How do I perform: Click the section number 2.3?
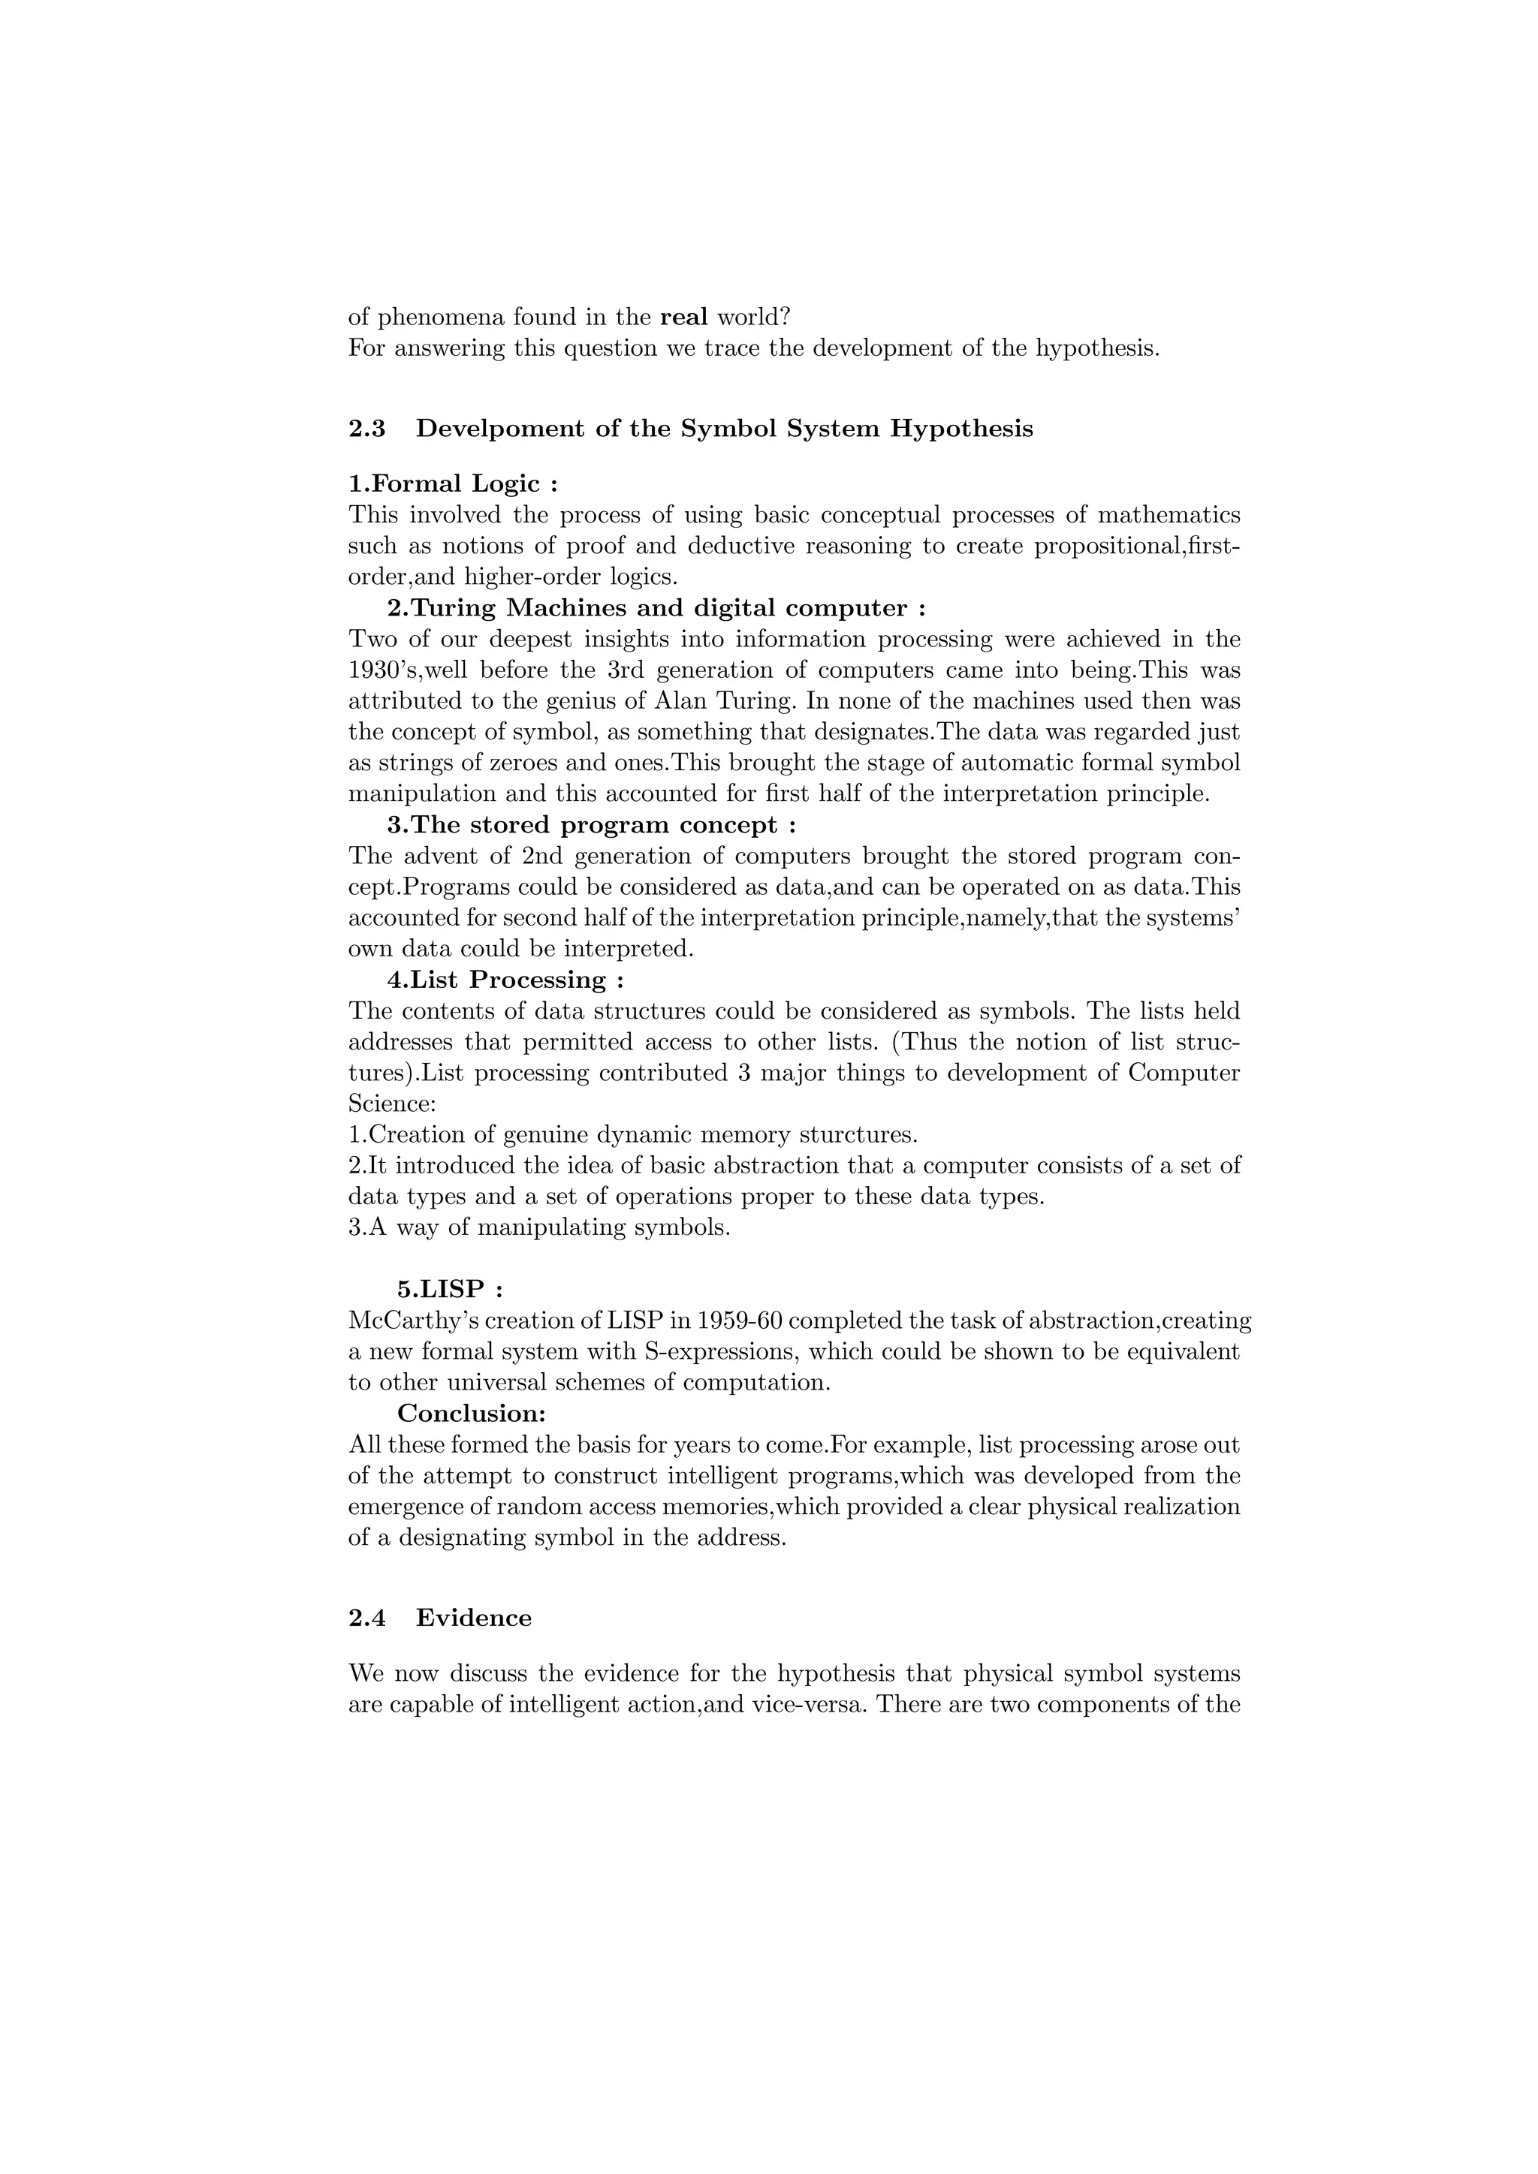[x=367, y=429]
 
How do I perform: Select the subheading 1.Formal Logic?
[x=453, y=484]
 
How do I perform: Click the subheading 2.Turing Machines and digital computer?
[x=656, y=608]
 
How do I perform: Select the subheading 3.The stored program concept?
[x=591, y=825]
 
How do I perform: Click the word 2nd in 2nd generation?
[x=541, y=856]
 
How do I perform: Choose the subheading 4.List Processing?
[x=505, y=980]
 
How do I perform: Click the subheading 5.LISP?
[x=449, y=1290]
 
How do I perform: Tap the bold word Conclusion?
[x=472, y=1414]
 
